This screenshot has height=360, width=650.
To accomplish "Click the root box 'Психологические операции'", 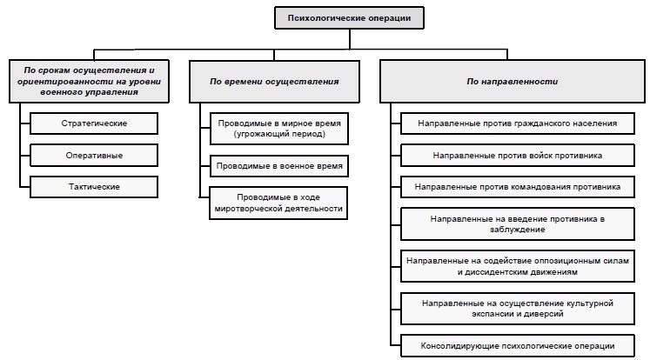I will click(350, 17).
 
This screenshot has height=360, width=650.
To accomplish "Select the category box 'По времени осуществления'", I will click(274, 81).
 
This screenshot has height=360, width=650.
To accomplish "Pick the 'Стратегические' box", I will click(95, 123).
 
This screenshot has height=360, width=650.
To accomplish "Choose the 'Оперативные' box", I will click(95, 155).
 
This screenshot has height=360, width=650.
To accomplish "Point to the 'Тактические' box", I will click(95, 186).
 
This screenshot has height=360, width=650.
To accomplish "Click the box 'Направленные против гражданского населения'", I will click(517, 123).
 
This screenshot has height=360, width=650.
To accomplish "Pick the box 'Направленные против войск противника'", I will click(517, 155).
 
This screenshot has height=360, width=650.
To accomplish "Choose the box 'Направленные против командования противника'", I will click(517, 186).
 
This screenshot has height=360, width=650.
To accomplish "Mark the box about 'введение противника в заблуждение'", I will click(517, 223).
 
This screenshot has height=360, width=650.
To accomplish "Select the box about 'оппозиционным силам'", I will click(517, 265).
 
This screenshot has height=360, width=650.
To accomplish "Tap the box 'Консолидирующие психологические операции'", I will click(517, 344).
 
